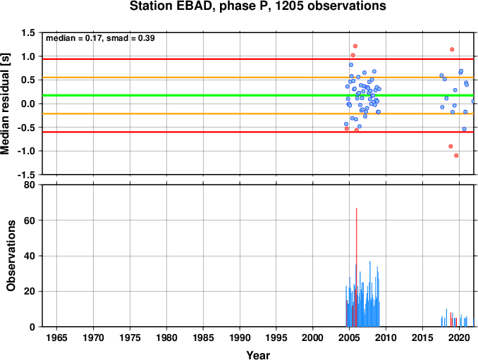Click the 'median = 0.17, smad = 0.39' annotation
point(100,38)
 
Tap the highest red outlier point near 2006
point(355,46)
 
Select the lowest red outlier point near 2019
point(456,155)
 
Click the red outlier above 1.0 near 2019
point(452,49)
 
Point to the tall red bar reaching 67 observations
point(356,267)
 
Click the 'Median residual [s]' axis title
point(5,104)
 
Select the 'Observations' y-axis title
point(11,256)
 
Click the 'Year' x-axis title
point(258,355)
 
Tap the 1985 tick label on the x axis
point(203,337)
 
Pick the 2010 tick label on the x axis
point(386,337)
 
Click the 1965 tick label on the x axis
point(56,337)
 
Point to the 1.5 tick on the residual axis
point(28,32)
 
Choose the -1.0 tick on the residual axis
point(26,151)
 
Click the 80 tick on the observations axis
point(30,185)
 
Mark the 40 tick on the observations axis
point(30,256)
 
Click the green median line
point(258,96)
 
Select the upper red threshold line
point(258,59)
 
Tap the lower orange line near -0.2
point(258,113)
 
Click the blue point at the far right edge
point(473,101)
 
